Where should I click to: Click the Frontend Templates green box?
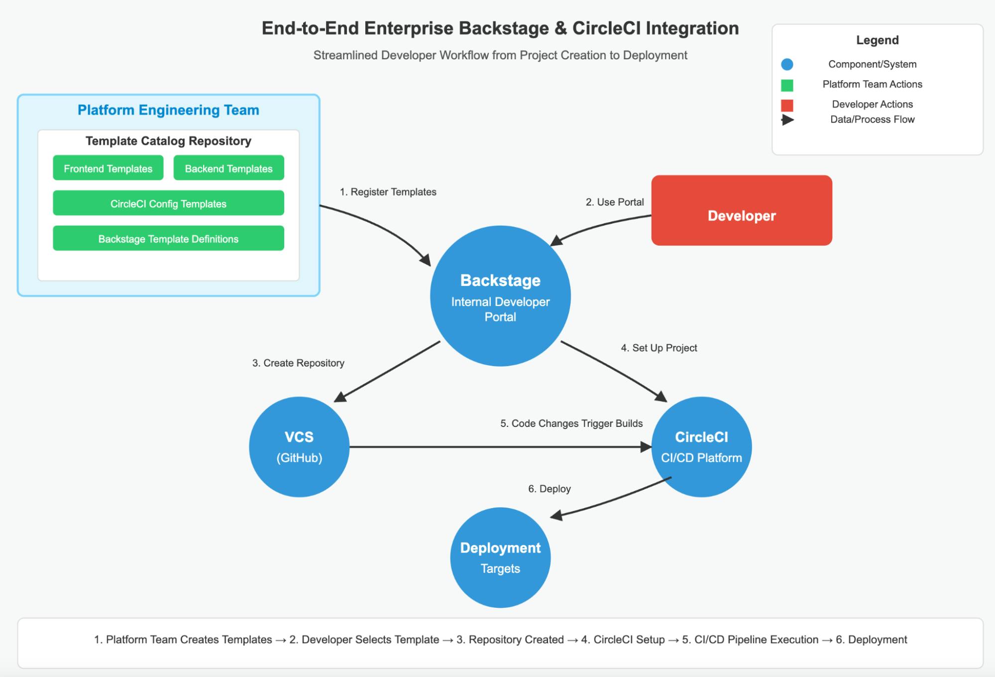[x=108, y=168]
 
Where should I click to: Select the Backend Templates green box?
[x=228, y=168]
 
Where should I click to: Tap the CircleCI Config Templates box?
[x=168, y=203]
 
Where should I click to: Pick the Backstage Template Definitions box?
[x=168, y=239]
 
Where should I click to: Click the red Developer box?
[x=741, y=210]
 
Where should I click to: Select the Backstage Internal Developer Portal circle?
[x=500, y=296]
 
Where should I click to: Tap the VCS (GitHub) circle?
[x=299, y=447]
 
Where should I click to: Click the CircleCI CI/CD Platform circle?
[x=701, y=447]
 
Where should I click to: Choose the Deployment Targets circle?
[x=500, y=557]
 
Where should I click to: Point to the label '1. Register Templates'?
[x=388, y=192]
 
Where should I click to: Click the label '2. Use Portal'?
[x=614, y=202]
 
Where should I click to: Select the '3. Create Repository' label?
[x=298, y=363]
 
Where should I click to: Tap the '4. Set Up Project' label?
[x=659, y=348]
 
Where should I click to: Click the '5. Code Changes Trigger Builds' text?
[x=571, y=423]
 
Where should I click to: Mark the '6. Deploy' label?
[x=549, y=489]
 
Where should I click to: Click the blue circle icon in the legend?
[x=787, y=64]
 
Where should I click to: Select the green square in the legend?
[x=787, y=85]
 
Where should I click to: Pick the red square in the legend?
[x=787, y=105]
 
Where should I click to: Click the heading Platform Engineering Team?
[x=168, y=110]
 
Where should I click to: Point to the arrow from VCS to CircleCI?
[x=498, y=447]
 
